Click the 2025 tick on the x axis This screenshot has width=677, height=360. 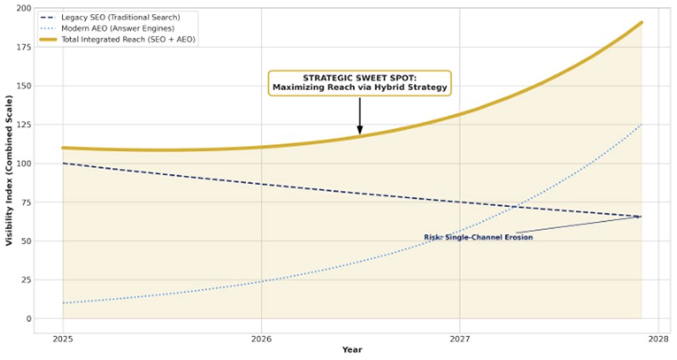(x=63, y=338)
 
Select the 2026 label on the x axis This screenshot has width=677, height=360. (x=261, y=338)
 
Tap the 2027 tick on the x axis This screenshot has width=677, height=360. (x=459, y=338)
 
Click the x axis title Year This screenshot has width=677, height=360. (x=352, y=350)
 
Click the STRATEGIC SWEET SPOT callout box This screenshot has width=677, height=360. (x=359, y=83)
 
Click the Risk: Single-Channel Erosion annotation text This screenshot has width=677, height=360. (x=478, y=238)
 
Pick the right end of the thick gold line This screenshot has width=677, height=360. (x=641, y=22)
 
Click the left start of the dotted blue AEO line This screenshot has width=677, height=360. (x=63, y=303)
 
